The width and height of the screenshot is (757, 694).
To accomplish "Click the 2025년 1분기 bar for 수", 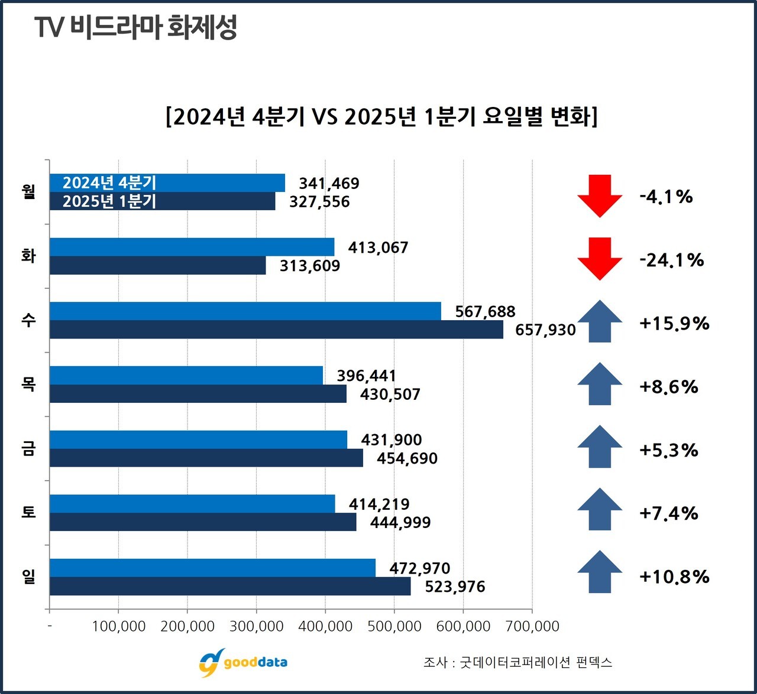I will [x=276, y=330].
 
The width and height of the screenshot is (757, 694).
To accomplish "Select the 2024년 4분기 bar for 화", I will [x=192, y=247].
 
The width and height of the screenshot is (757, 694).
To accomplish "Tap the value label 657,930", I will [x=545, y=330].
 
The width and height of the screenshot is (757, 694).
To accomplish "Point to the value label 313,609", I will [x=310, y=266].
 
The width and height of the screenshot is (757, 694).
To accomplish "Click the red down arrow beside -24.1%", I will [x=600, y=259].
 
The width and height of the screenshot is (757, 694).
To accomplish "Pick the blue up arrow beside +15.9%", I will [x=600, y=322].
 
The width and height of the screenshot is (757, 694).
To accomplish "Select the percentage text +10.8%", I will [x=674, y=576].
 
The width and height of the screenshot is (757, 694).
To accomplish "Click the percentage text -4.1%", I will [x=666, y=197].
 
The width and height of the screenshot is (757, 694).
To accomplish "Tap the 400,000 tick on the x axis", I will [x=325, y=626].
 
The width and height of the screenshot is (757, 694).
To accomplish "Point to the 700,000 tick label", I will [x=532, y=626].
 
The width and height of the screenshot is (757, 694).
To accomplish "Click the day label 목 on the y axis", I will [x=28, y=385].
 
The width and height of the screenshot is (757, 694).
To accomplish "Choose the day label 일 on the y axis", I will [x=28, y=576].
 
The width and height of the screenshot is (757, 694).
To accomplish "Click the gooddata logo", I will [x=243, y=662].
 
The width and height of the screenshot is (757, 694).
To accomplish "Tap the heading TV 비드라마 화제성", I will [x=136, y=27].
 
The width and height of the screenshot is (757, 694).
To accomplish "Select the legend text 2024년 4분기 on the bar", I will [x=109, y=183].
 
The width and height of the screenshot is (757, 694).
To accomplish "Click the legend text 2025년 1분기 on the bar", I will [x=109, y=201].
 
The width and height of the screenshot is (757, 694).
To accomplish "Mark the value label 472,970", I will [x=420, y=568].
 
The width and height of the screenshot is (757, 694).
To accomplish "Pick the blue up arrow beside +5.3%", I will [x=600, y=447].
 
